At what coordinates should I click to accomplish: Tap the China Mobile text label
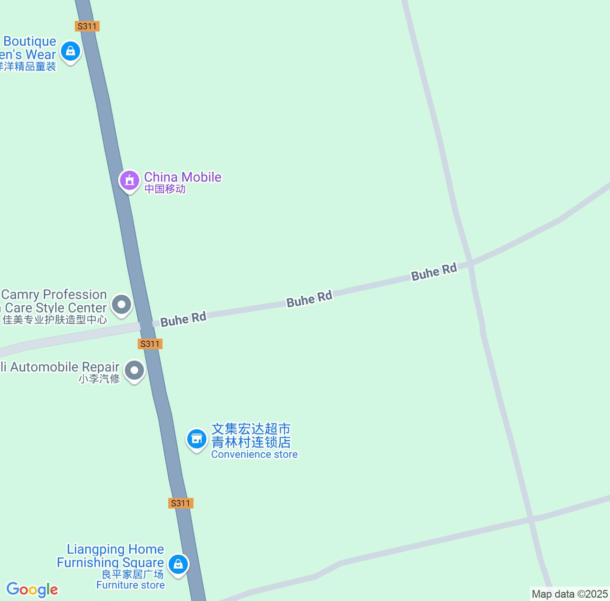tap(183, 177)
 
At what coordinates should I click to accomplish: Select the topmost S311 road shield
tap(87, 26)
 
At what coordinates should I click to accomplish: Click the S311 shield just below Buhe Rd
tap(150, 344)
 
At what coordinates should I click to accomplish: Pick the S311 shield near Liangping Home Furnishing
tap(181, 503)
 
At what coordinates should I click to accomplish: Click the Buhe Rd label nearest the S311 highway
tap(183, 319)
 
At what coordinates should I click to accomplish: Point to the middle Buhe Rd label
tap(309, 299)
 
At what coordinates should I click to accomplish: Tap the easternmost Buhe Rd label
tap(434, 272)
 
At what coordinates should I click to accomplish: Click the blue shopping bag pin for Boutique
tap(71, 50)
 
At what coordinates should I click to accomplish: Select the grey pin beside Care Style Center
tap(122, 304)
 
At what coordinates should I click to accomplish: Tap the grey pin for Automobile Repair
tap(134, 371)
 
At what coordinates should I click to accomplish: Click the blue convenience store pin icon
tap(196, 439)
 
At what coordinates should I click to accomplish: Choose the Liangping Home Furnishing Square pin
tap(178, 565)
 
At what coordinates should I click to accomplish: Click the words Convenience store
tap(254, 455)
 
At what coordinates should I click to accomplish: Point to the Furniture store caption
tap(131, 585)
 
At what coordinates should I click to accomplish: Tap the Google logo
tap(32, 590)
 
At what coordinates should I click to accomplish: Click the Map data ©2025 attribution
tap(570, 594)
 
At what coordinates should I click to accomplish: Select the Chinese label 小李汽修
tap(99, 379)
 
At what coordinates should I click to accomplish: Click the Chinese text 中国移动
tap(165, 189)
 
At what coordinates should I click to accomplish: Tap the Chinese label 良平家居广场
tap(132, 575)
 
